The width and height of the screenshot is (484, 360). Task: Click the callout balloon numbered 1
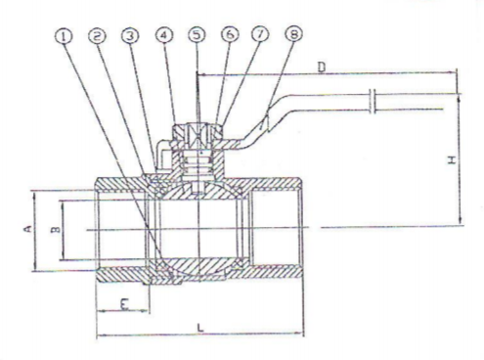[x=64, y=36]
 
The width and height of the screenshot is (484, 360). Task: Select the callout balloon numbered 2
[x=97, y=36]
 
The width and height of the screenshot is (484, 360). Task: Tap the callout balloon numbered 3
[x=130, y=35]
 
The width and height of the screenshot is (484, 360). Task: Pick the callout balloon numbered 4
[x=164, y=35]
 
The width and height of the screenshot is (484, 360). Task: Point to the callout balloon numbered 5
[x=197, y=34]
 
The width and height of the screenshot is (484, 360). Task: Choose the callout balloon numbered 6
[x=230, y=34]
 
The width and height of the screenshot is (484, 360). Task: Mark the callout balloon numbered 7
[x=260, y=34]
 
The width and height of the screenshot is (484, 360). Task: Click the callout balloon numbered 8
[x=293, y=33]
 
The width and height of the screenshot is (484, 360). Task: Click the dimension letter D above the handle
[x=322, y=67]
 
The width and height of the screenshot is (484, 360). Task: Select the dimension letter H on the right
[x=452, y=160]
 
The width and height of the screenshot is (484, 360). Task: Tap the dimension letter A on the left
[x=28, y=229]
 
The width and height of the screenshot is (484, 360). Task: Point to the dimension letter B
[x=56, y=230]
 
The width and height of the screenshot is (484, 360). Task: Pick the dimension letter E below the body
[x=124, y=304]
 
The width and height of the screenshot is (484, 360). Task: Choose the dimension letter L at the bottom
[x=200, y=328]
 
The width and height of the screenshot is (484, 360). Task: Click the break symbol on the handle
[x=373, y=101]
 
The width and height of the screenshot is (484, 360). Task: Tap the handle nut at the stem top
[x=197, y=134]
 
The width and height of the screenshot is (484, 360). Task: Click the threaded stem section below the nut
[x=198, y=162]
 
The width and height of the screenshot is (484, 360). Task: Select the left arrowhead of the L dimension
[x=102, y=335]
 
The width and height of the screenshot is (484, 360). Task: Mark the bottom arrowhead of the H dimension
[x=461, y=221]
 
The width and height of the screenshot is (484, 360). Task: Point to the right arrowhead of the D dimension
[x=452, y=72]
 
